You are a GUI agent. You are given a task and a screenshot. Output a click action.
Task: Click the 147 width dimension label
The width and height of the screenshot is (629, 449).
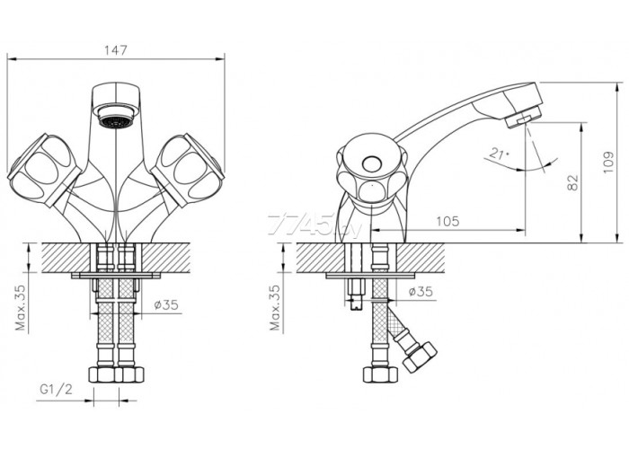pos(116,50)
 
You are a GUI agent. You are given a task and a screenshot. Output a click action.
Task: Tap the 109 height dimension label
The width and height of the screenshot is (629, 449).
pos(608,162)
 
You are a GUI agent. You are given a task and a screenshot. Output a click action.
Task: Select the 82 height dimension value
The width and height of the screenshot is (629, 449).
pos(574,182)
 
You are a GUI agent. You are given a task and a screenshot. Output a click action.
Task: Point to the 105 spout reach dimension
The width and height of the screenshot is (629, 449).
pos(447,221)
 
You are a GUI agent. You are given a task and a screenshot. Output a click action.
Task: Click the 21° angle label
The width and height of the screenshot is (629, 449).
pos(499,154)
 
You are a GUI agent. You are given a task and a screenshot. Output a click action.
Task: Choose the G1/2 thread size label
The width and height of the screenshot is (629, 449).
pos(56,389)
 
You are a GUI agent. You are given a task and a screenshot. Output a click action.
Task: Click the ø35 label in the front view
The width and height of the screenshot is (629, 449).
pos(166,304)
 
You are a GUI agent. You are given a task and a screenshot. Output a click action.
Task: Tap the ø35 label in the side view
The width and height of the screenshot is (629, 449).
pos(421,292)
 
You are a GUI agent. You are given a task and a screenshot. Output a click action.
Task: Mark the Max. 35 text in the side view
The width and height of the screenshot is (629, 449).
pos(275,307)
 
